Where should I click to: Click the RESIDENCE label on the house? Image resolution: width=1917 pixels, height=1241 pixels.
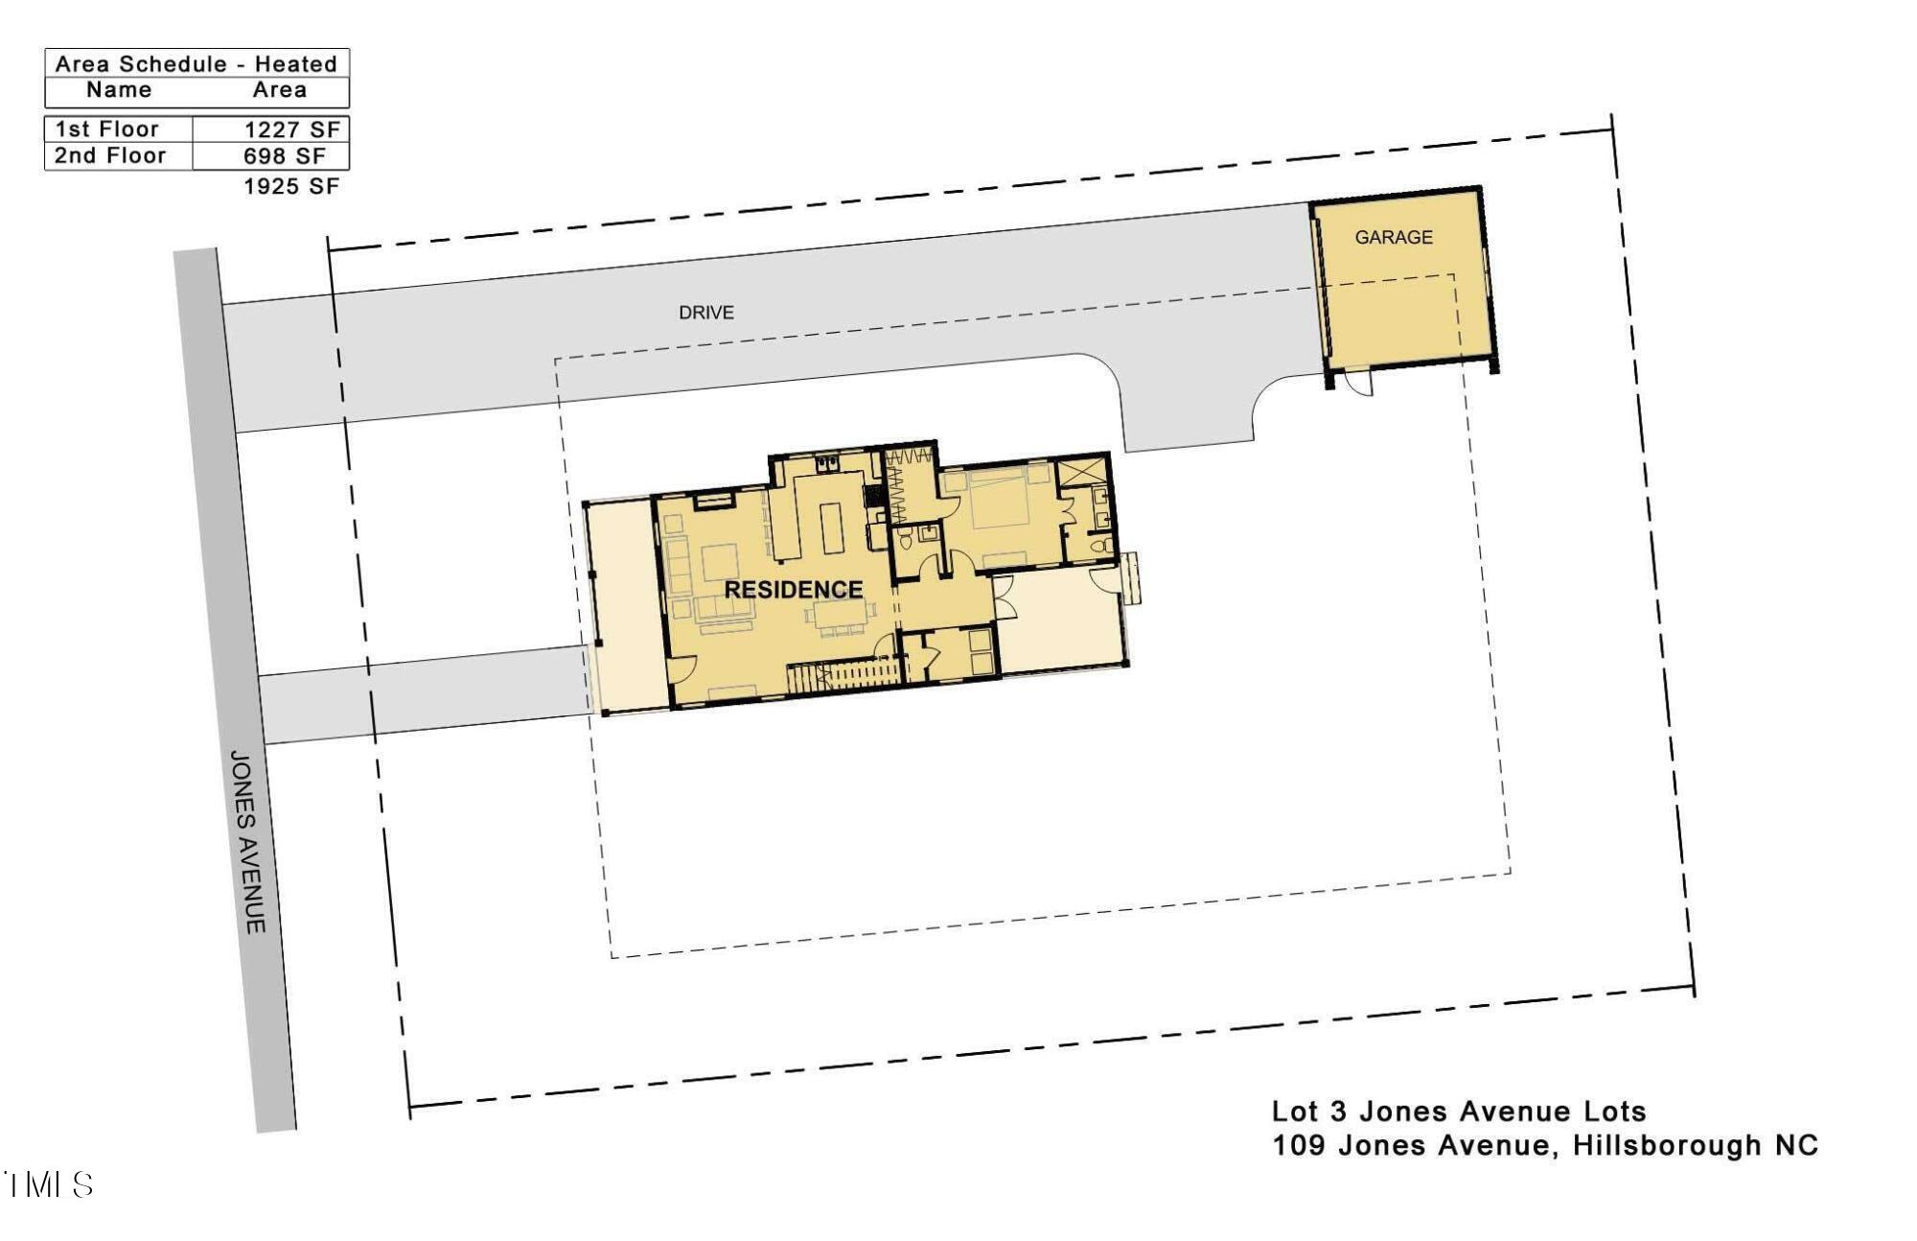(794, 589)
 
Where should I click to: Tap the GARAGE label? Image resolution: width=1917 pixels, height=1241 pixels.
(1394, 237)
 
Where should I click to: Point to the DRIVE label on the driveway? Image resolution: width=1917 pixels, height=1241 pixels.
(706, 313)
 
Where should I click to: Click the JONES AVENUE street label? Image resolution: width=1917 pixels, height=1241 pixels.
(247, 842)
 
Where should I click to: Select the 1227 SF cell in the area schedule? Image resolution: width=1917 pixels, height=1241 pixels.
(291, 129)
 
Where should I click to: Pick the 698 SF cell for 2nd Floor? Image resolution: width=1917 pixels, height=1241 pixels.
(285, 155)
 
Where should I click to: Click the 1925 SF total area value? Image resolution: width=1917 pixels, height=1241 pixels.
(291, 186)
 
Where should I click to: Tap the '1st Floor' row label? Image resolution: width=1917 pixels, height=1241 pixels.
(107, 129)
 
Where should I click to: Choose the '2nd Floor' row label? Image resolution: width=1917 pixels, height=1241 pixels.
(110, 155)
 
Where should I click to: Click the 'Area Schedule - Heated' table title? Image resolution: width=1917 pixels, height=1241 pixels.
(196, 64)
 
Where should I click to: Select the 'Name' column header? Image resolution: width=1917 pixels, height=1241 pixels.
(119, 90)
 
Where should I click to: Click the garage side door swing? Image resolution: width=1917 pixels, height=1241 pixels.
(1359, 383)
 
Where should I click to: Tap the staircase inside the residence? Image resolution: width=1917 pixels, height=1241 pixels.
(843, 675)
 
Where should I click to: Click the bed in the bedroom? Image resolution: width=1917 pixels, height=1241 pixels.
(999, 503)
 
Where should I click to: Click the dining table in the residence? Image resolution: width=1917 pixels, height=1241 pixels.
(840, 617)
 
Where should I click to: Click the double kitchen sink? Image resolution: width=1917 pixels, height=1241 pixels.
(827, 465)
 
